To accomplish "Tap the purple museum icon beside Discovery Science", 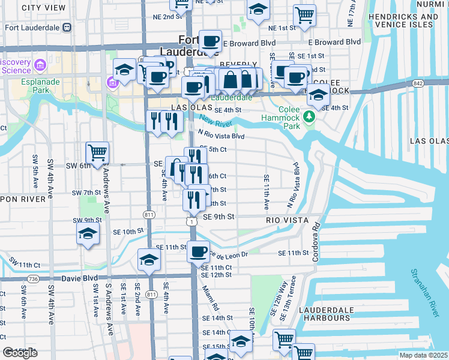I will (41, 64).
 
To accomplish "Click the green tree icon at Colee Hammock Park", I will (310, 116).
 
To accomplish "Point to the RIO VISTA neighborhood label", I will (287, 220).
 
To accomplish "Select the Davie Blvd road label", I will (80, 279).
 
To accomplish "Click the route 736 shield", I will (33, 279).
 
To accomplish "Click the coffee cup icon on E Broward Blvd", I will (210, 41).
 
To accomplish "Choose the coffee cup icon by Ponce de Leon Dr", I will (197, 251).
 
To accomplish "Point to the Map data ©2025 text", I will (424, 355).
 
